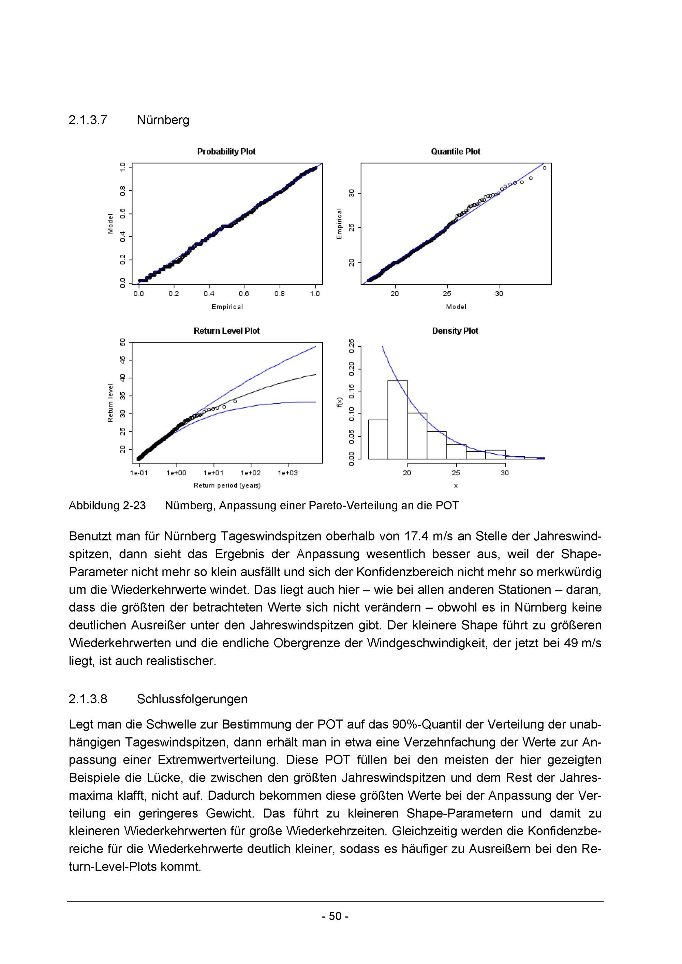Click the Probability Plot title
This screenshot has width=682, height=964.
tap(226, 152)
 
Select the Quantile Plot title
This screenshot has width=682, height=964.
tap(455, 152)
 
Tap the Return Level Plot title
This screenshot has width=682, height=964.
tap(226, 331)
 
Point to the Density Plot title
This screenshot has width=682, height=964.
tap(455, 331)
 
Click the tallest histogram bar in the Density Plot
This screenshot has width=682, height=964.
tap(397, 420)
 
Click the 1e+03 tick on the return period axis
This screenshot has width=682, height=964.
tap(288, 473)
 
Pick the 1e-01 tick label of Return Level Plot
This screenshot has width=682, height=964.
tap(139, 473)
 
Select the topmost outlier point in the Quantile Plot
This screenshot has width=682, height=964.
tap(544, 168)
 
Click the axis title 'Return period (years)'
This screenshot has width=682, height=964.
tap(227, 485)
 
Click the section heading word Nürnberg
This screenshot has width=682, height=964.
tap(163, 121)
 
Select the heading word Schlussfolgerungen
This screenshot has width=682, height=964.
tap(192, 699)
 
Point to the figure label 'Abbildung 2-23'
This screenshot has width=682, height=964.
tap(107, 505)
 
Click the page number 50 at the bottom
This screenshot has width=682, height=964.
tap(335, 916)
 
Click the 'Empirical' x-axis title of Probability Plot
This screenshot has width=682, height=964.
tap(227, 307)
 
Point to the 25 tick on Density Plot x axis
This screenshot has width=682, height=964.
tap(456, 473)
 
